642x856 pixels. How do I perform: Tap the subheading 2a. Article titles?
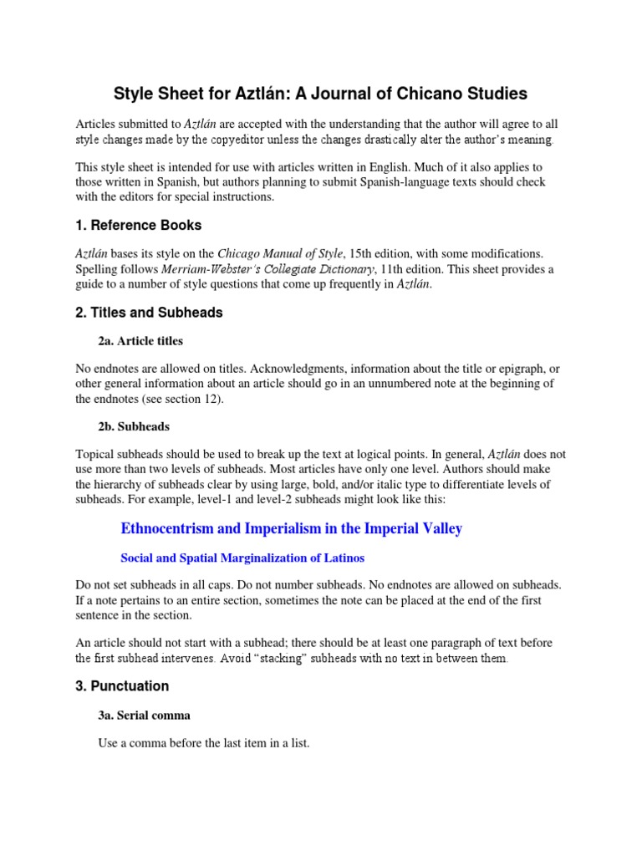[x=140, y=340]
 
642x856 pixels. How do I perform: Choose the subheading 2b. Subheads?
[x=134, y=426]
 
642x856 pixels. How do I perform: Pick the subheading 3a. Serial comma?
[x=145, y=715]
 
